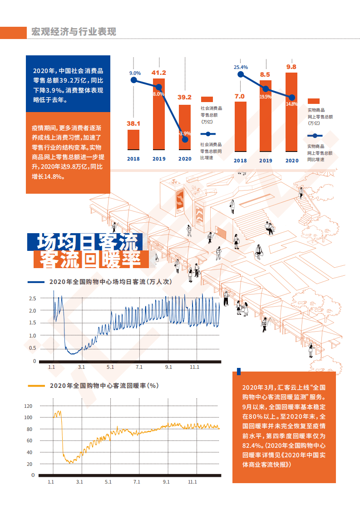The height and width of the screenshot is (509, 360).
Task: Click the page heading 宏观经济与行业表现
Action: pos(74,32)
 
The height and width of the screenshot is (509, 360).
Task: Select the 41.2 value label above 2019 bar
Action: pos(159,73)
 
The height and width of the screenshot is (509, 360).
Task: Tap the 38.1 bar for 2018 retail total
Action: pos(133,139)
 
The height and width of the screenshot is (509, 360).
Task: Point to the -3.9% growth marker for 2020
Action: pos(185,139)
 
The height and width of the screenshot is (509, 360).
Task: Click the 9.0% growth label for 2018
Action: pos(135,73)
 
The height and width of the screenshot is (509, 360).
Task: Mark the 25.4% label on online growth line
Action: pos(241,67)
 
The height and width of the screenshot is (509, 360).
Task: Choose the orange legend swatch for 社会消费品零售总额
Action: pos(207,99)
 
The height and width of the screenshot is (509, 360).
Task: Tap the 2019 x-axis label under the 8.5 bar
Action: pos(266,161)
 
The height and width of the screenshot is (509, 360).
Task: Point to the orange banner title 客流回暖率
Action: pos(91,259)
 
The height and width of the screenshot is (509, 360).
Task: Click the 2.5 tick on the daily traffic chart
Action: pos(33,299)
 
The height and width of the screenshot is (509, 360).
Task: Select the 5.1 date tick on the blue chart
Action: pos(110,367)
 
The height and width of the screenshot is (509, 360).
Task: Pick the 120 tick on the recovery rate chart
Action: pos(29,406)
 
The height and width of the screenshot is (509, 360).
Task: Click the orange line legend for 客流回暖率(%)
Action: pos(36,386)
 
